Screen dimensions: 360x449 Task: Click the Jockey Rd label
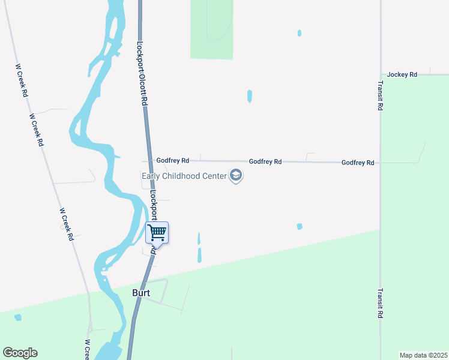(402, 74)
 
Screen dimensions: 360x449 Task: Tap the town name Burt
(140, 293)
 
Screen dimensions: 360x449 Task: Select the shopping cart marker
(157, 232)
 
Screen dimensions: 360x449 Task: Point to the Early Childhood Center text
(184, 176)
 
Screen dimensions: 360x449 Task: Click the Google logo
(20, 353)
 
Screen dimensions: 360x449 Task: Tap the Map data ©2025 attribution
(424, 355)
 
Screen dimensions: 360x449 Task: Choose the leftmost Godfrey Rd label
(173, 161)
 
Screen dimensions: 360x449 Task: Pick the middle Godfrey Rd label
(265, 161)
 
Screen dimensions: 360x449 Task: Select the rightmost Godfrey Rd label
(358, 163)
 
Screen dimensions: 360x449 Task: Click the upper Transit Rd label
(381, 96)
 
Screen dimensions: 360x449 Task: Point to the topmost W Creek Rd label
(22, 81)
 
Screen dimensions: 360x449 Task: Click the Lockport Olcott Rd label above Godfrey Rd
(142, 73)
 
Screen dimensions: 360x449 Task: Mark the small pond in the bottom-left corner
(18, 317)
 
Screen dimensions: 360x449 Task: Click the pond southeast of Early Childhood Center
(300, 226)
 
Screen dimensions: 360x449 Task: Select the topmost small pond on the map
(299, 33)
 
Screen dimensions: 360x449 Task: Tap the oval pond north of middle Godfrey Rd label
(249, 96)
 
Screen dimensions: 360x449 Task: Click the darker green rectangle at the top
(211, 29)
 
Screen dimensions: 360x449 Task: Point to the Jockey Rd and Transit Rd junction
(381, 75)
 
